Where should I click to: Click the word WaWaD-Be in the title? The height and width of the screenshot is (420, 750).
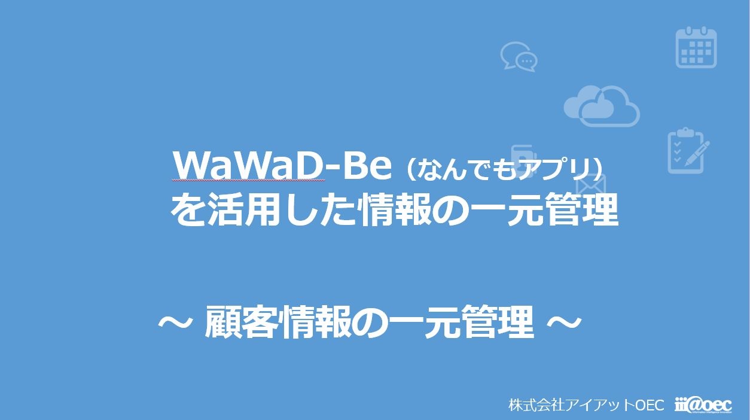[282, 166]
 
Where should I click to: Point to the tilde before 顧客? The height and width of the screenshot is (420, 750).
[175, 322]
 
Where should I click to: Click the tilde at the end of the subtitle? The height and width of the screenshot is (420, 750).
[564, 322]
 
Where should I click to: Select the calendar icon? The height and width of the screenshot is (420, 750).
[696, 47]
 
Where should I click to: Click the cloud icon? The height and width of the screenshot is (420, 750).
[602, 105]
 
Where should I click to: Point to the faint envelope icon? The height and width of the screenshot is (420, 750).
[591, 184]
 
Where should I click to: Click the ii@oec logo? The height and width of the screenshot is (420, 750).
[703, 405]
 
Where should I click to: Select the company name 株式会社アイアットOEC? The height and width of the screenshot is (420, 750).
[586, 405]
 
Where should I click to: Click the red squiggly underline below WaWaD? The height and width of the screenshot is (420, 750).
[248, 180]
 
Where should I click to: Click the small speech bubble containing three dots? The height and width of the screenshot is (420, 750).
[527, 62]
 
